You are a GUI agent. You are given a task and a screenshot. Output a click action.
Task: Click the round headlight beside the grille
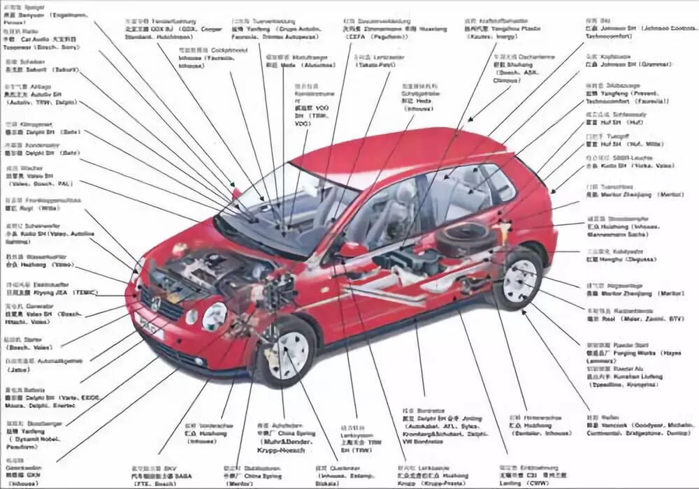pyautogui.click(x=214, y=316)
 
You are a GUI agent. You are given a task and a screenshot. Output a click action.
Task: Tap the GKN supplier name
pyautogui.click(x=33, y=475)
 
